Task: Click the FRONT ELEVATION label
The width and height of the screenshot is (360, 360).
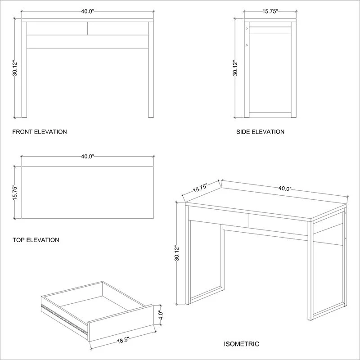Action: pyautogui.click(x=40, y=132)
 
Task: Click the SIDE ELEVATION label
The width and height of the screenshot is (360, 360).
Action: pyautogui.click(x=261, y=132)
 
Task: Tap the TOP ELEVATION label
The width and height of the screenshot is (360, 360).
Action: pyautogui.click(x=36, y=240)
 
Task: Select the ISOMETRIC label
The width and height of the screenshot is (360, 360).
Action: pyautogui.click(x=242, y=344)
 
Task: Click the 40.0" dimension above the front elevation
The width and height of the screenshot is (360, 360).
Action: pyautogui.click(x=88, y=12)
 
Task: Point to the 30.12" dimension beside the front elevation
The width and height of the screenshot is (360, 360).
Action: pyautogui.click(x=15, y=68)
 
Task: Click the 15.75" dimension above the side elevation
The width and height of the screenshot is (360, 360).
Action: pyautogui.click(x=270, y=12)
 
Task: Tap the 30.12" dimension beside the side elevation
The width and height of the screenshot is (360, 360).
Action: pyautogui.click(x=235, y=68)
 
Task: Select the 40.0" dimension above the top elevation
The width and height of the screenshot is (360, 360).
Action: pyautogui.click(x=88, y=157)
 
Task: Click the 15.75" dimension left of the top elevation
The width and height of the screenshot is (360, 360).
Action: pyautogui.click(x=15, y=192)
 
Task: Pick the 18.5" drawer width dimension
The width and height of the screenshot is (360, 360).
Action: pyautogui.click(x=123, y=340)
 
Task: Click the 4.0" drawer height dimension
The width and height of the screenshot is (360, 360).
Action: pyautogui.click(x=161, y=315)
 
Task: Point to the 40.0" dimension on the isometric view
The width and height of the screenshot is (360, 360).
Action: pyautogui.click(x=285, y=189)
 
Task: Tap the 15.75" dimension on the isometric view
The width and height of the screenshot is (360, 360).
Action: pyautogui.click(x=200, y=188)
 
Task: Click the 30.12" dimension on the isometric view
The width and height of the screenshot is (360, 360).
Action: pyautogui.click(x=176, y=253)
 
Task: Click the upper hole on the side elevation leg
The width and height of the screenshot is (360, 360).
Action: pyautogui.click(x=247, y=28)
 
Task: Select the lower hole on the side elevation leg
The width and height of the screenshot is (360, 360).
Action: pyautogui.click(x=247, y=45)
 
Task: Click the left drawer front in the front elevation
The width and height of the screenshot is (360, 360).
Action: pyautogui.click(x=57, y=28)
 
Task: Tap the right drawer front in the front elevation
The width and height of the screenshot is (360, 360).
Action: pyautogui.click(x=118, y=28)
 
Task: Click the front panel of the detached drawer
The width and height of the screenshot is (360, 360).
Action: pyautogui.click(x=121, y=323)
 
